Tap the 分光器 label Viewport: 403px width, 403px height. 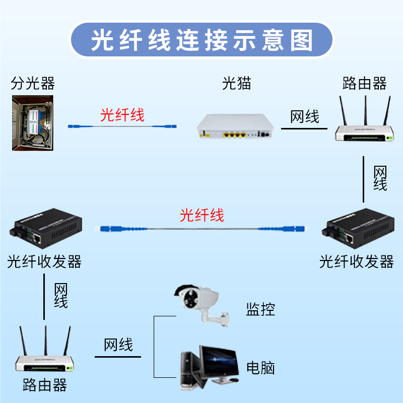33,83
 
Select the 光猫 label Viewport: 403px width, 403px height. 237,83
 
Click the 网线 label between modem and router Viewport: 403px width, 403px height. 305,117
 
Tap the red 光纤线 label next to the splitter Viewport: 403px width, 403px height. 122,115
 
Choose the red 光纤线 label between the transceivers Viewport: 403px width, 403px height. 202,216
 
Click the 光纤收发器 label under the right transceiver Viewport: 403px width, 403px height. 357,261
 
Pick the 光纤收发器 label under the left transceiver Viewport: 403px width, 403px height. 44,261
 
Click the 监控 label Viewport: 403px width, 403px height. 260,309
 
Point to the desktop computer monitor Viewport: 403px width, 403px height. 218,362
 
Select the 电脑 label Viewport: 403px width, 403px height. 260,367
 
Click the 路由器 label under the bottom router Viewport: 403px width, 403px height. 45,386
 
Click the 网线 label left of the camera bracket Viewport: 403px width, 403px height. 118,345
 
